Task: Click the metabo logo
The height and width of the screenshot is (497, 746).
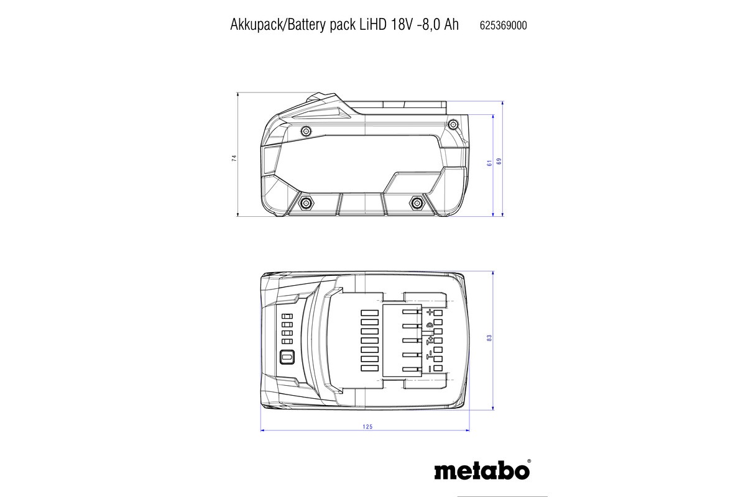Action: (x=482, y=470)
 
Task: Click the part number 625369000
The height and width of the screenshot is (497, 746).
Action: (x=504, y=25)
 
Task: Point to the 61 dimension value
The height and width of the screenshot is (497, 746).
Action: (x=489, y=163)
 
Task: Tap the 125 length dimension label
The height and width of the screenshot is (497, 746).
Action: (x=367, y=427)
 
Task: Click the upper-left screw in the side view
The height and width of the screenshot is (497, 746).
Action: (x=305, y=130)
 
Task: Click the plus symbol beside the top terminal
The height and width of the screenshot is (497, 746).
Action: (x=429, y=312)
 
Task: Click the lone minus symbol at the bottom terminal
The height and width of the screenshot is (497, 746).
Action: (x=429, y=369)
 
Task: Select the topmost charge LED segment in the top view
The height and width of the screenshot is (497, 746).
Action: (x=287, y=316)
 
